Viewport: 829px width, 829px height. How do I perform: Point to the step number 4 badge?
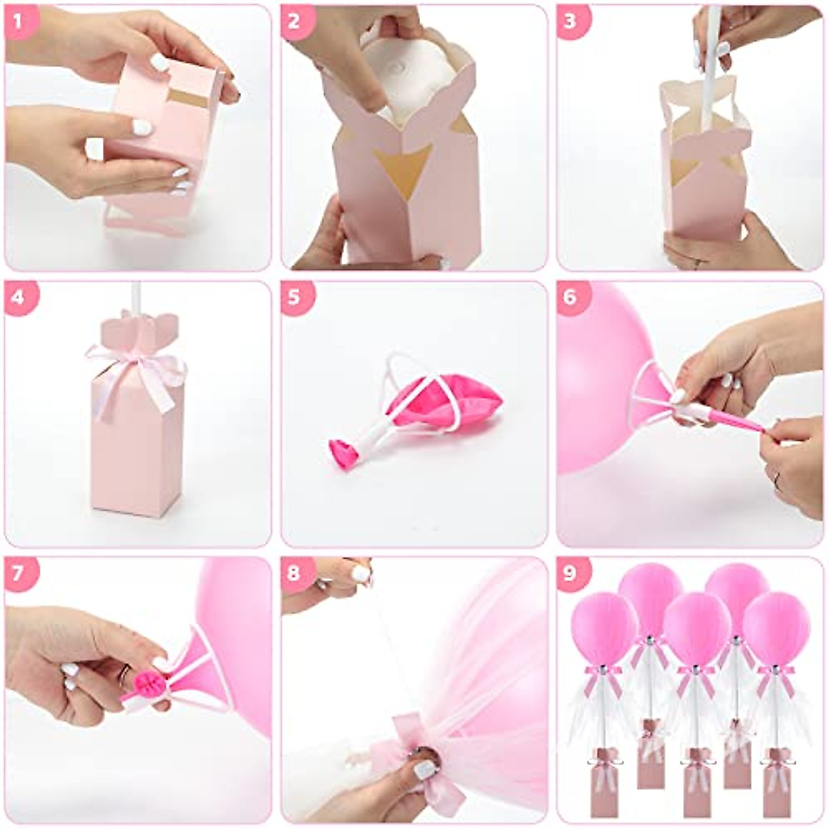point(19,297)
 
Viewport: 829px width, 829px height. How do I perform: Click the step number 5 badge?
point(295,297)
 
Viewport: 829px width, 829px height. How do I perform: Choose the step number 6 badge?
point(571,297)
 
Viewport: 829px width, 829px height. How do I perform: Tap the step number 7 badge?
point(19,573)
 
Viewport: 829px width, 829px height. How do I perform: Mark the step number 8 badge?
point(295,573)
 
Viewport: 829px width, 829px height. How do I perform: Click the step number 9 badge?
point(571,573)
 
